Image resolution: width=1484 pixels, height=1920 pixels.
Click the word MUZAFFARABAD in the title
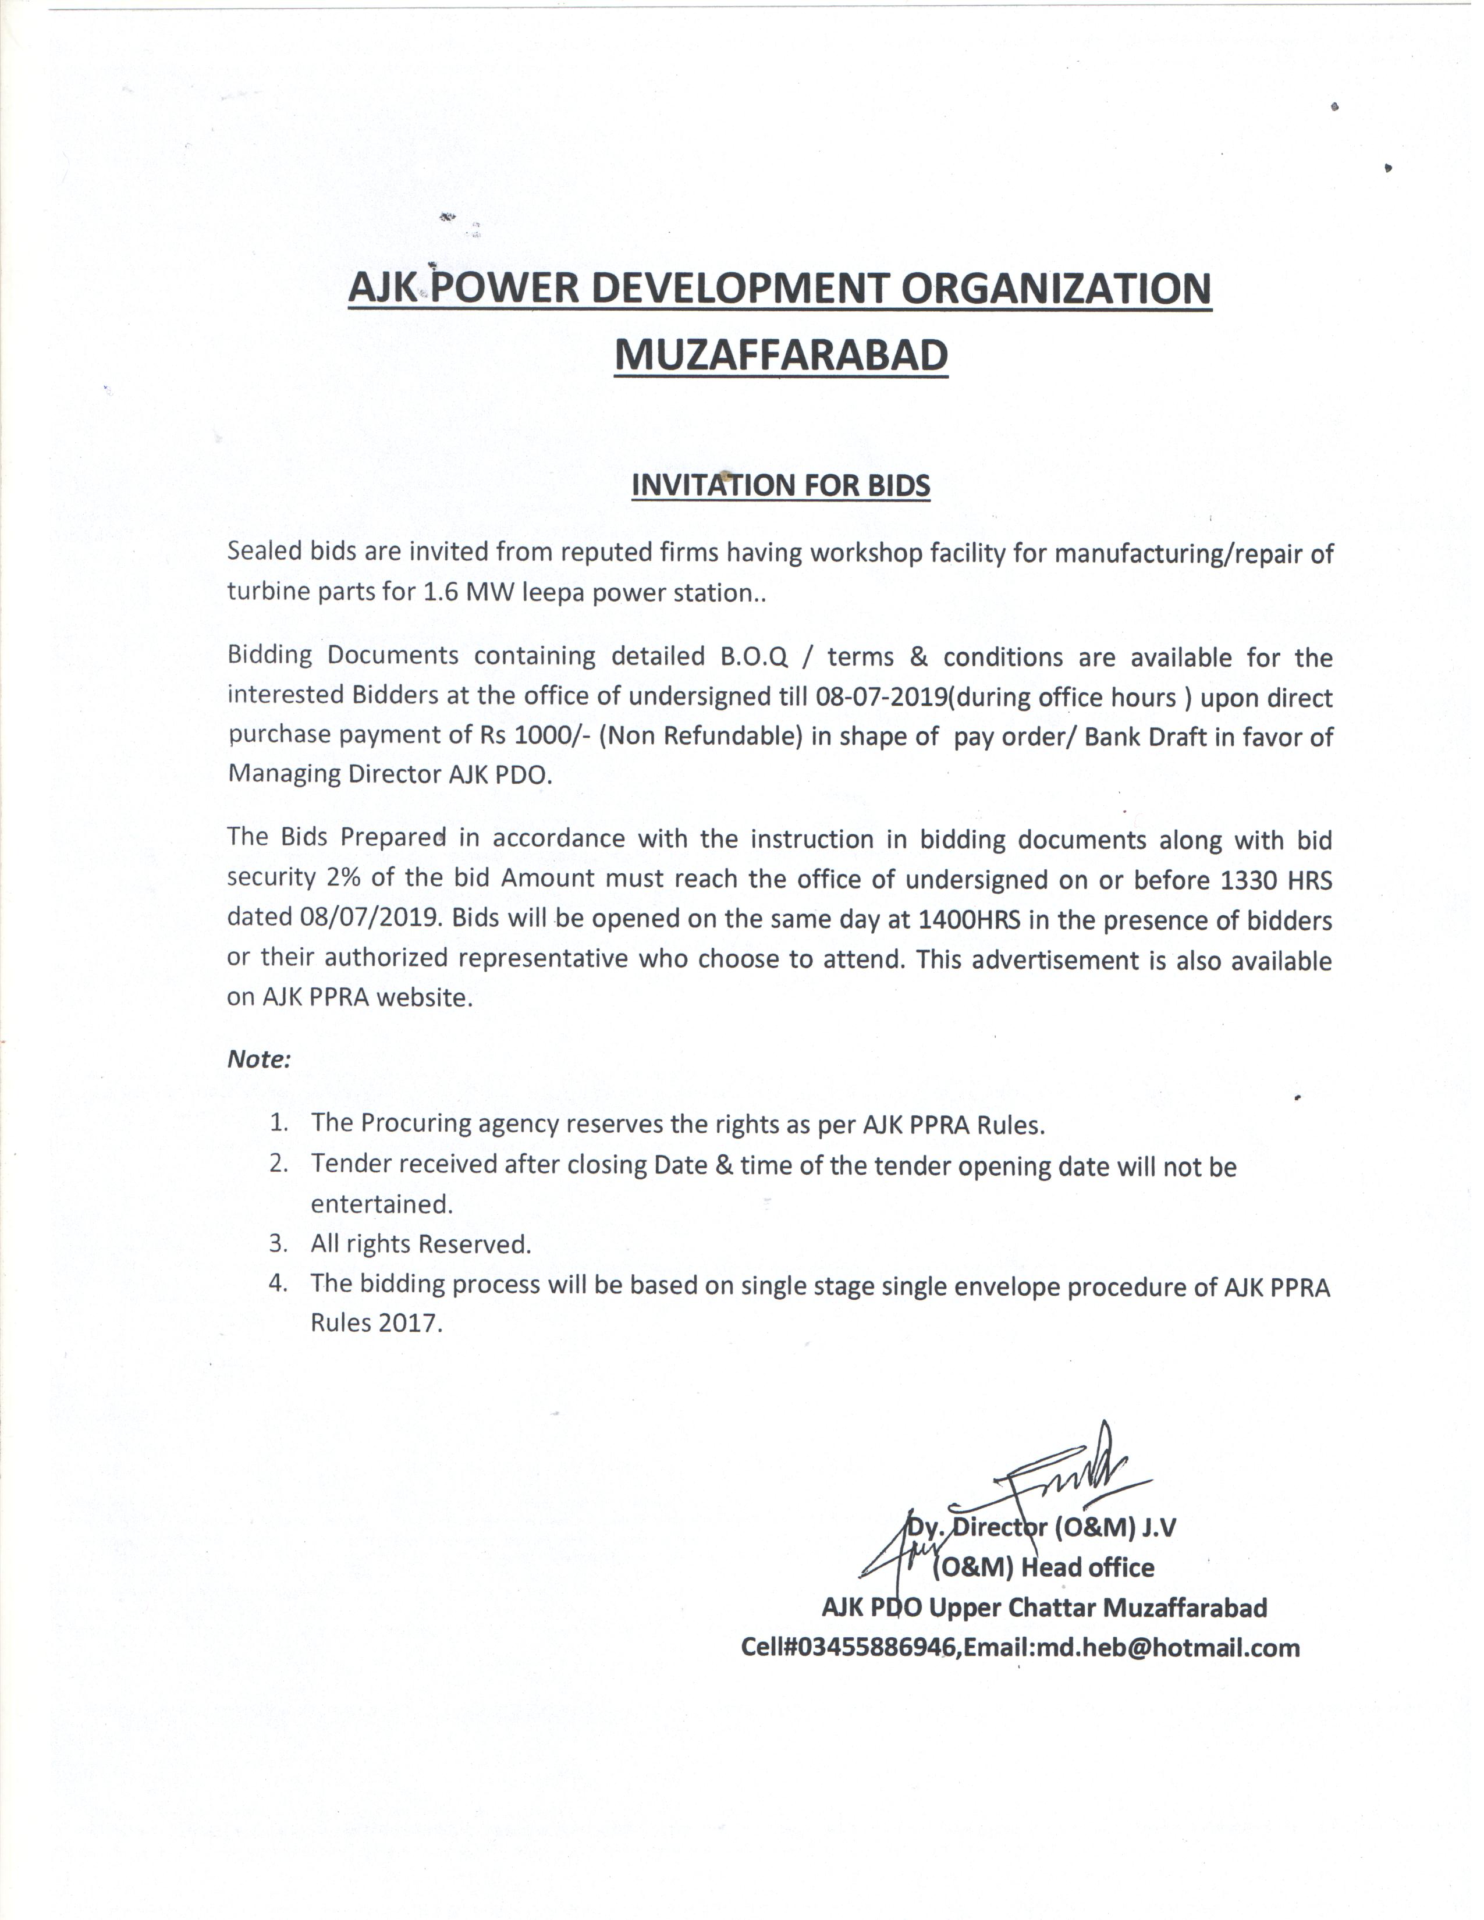pos(780,354)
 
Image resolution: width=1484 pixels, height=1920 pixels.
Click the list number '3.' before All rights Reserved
pos(279,1243)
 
